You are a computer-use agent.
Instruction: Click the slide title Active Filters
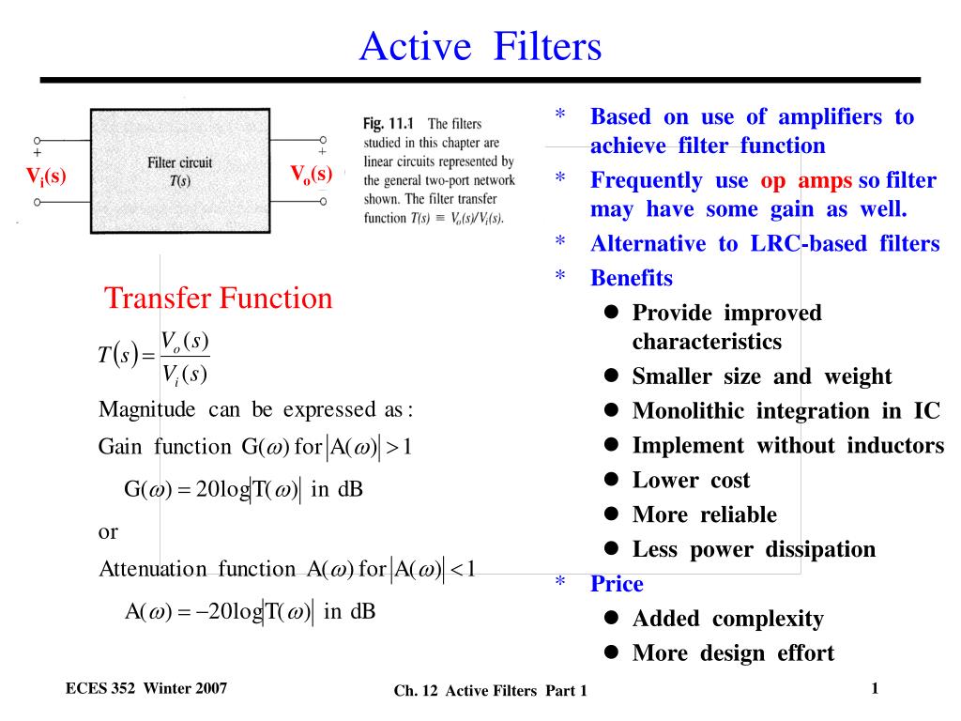click(480, 47)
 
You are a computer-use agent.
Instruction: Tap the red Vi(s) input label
click(46, 176)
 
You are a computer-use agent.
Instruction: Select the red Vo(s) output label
click(312, 174)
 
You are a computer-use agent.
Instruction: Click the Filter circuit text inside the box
click(179, 162)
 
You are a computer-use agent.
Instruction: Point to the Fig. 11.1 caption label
click(388, 123)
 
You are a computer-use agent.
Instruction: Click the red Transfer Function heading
click(218, 298)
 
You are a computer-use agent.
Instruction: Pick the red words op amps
click(806, 181)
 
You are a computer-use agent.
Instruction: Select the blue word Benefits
click(632, 278)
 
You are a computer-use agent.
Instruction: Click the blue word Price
click(617, 584)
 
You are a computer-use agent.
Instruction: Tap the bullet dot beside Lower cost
click(611, 479)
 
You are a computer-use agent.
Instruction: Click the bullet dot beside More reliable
click(611, 514)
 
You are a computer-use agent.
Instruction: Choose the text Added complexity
click(728, 619)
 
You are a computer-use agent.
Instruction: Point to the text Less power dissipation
click(754, 549)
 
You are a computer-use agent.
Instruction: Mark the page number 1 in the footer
click(875, 688)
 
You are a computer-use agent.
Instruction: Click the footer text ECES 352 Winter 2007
click(146, 688)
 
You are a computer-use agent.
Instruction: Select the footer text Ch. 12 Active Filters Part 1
click(490, 691)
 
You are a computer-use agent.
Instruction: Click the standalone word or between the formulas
click(108, 532)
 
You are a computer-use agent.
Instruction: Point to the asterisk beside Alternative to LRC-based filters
click(560, 240)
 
